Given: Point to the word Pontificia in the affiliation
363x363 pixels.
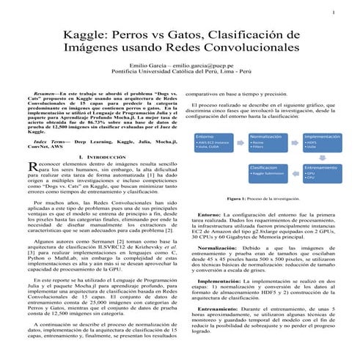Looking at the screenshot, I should (125, 73).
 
